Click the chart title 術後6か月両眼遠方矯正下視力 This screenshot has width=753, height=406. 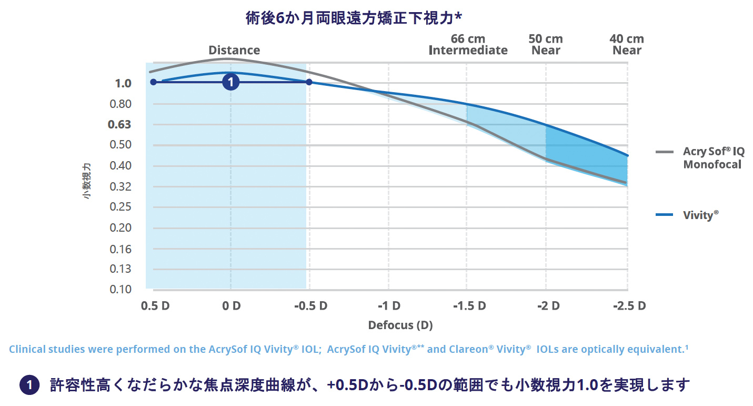pos(354,18)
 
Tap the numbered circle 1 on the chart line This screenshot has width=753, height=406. pos(230,82)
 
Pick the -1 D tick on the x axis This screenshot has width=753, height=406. pos(388,306)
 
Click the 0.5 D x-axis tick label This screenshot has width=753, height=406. pos(155,306)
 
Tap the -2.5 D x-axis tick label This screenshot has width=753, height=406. pos(627,306)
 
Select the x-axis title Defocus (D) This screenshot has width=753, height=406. pos(400,325)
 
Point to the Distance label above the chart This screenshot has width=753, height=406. pos(234,51)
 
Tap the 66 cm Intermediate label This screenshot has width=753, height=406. pos(468,45)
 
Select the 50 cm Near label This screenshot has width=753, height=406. pos(546,45)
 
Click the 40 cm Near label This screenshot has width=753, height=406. pos(627,45)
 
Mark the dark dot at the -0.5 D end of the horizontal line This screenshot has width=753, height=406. pos(309,82)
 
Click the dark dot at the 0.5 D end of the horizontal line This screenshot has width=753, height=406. pos(153,82)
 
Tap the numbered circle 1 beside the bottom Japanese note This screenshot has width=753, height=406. pos(29,385)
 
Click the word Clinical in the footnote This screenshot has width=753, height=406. pos(29,349)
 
